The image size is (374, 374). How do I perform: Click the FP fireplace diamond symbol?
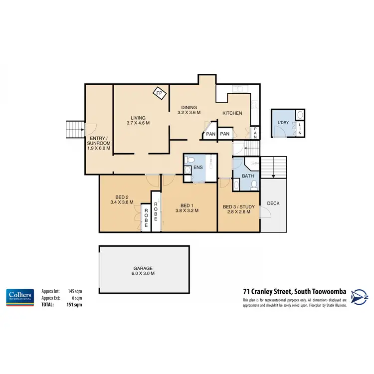[x=160, y=93]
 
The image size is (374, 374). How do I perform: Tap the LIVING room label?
[x=138, y=118]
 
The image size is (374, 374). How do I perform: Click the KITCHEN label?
[x=232, y=113]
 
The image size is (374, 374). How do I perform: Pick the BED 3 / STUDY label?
[x=236, y=207]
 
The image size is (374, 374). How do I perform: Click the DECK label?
[x=273, y=203]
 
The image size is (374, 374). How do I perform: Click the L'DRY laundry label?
[x=283, y=122]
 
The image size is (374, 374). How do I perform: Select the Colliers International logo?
[x=19, y=296]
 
